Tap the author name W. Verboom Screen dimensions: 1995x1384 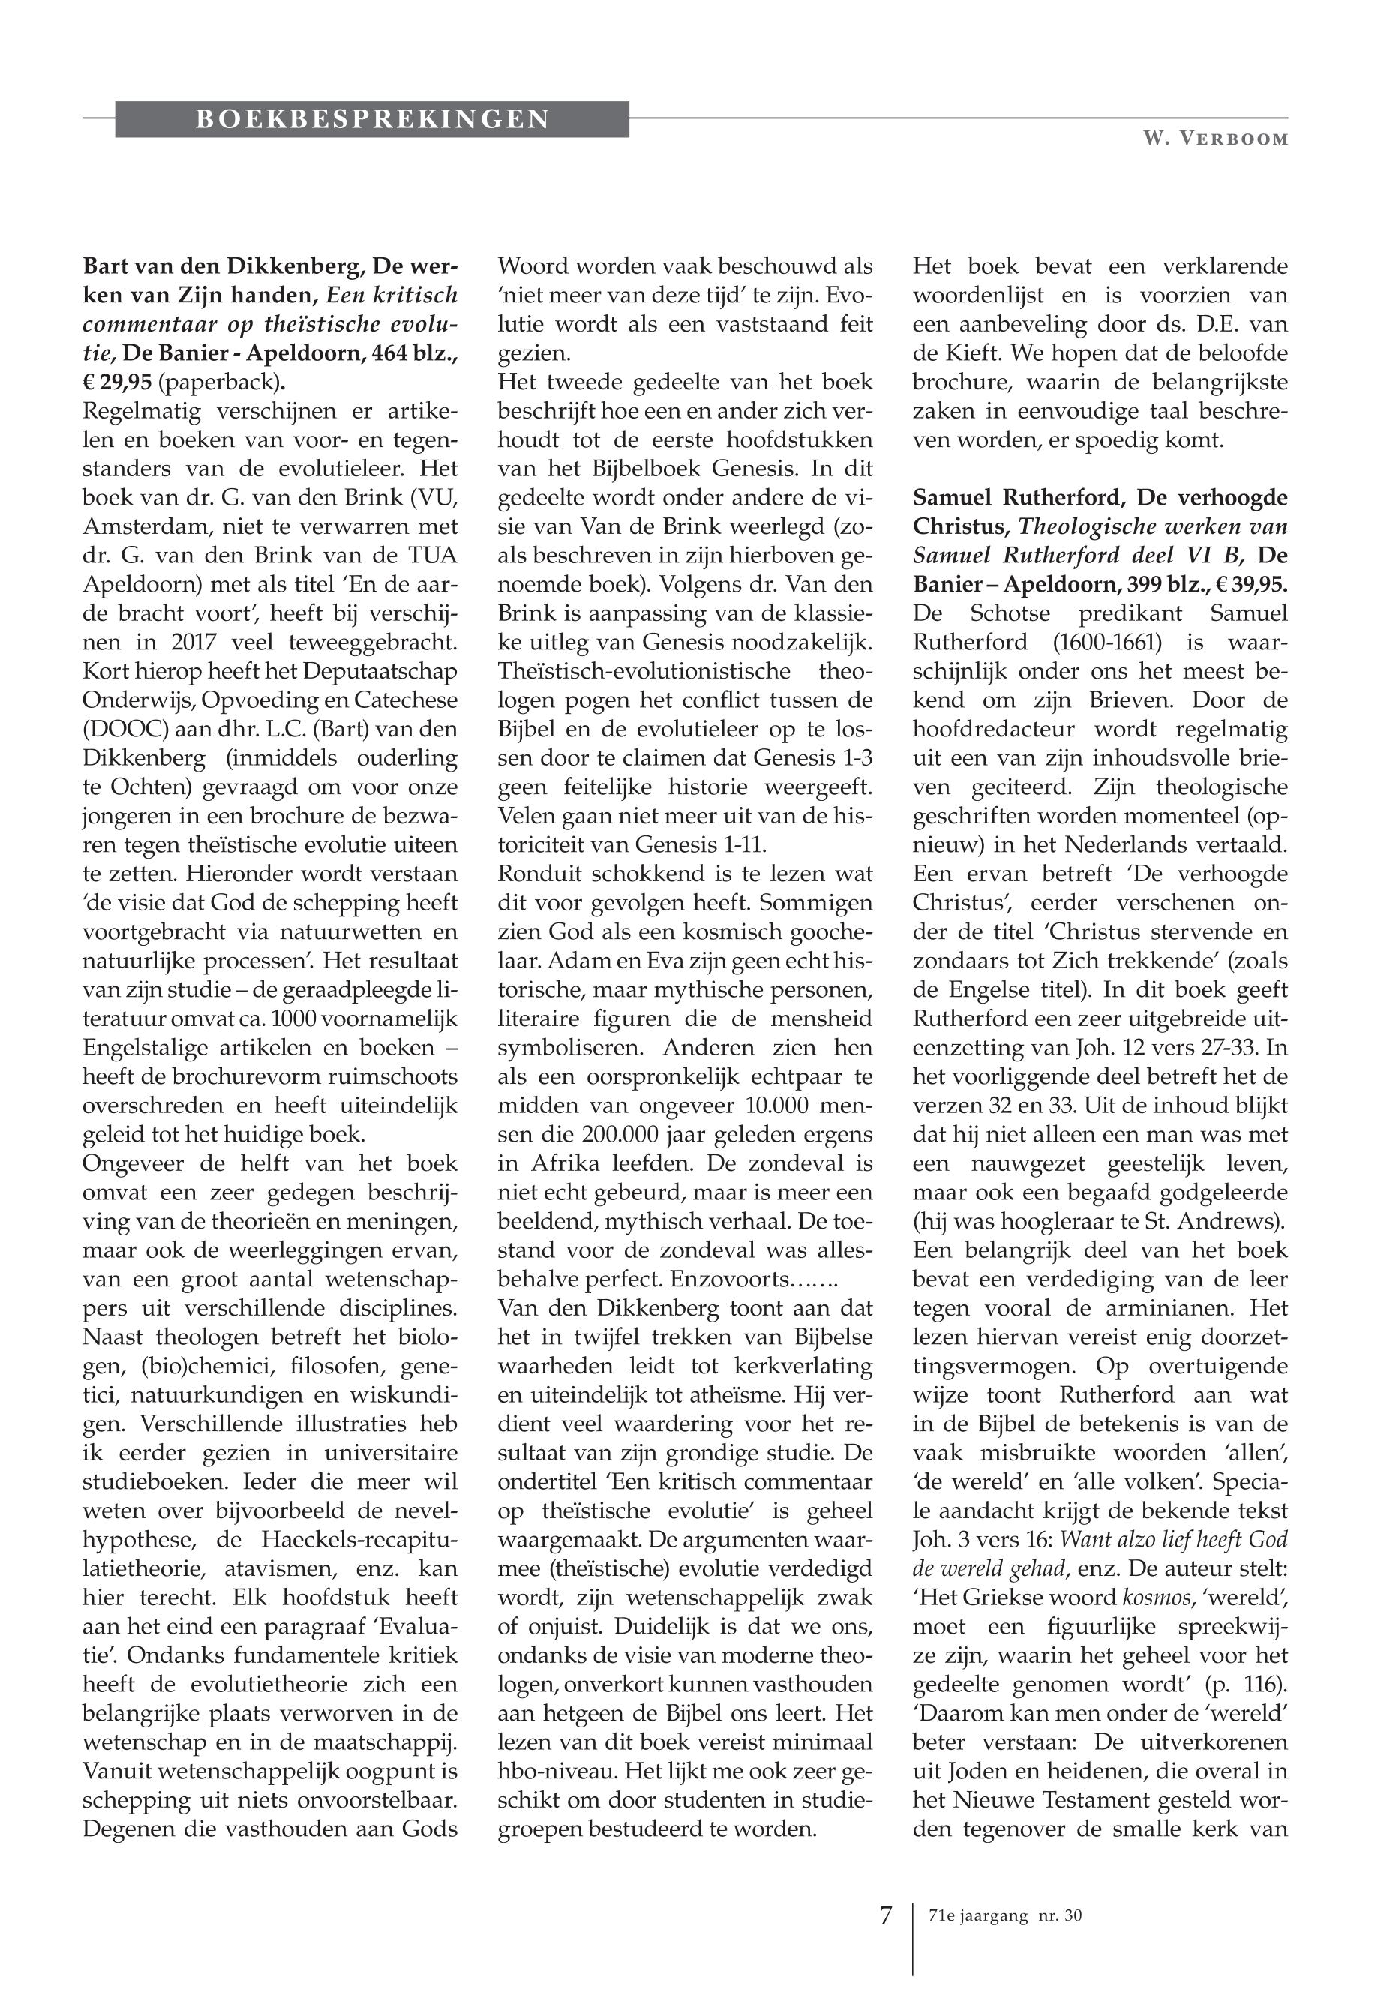pos(1214,139)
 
